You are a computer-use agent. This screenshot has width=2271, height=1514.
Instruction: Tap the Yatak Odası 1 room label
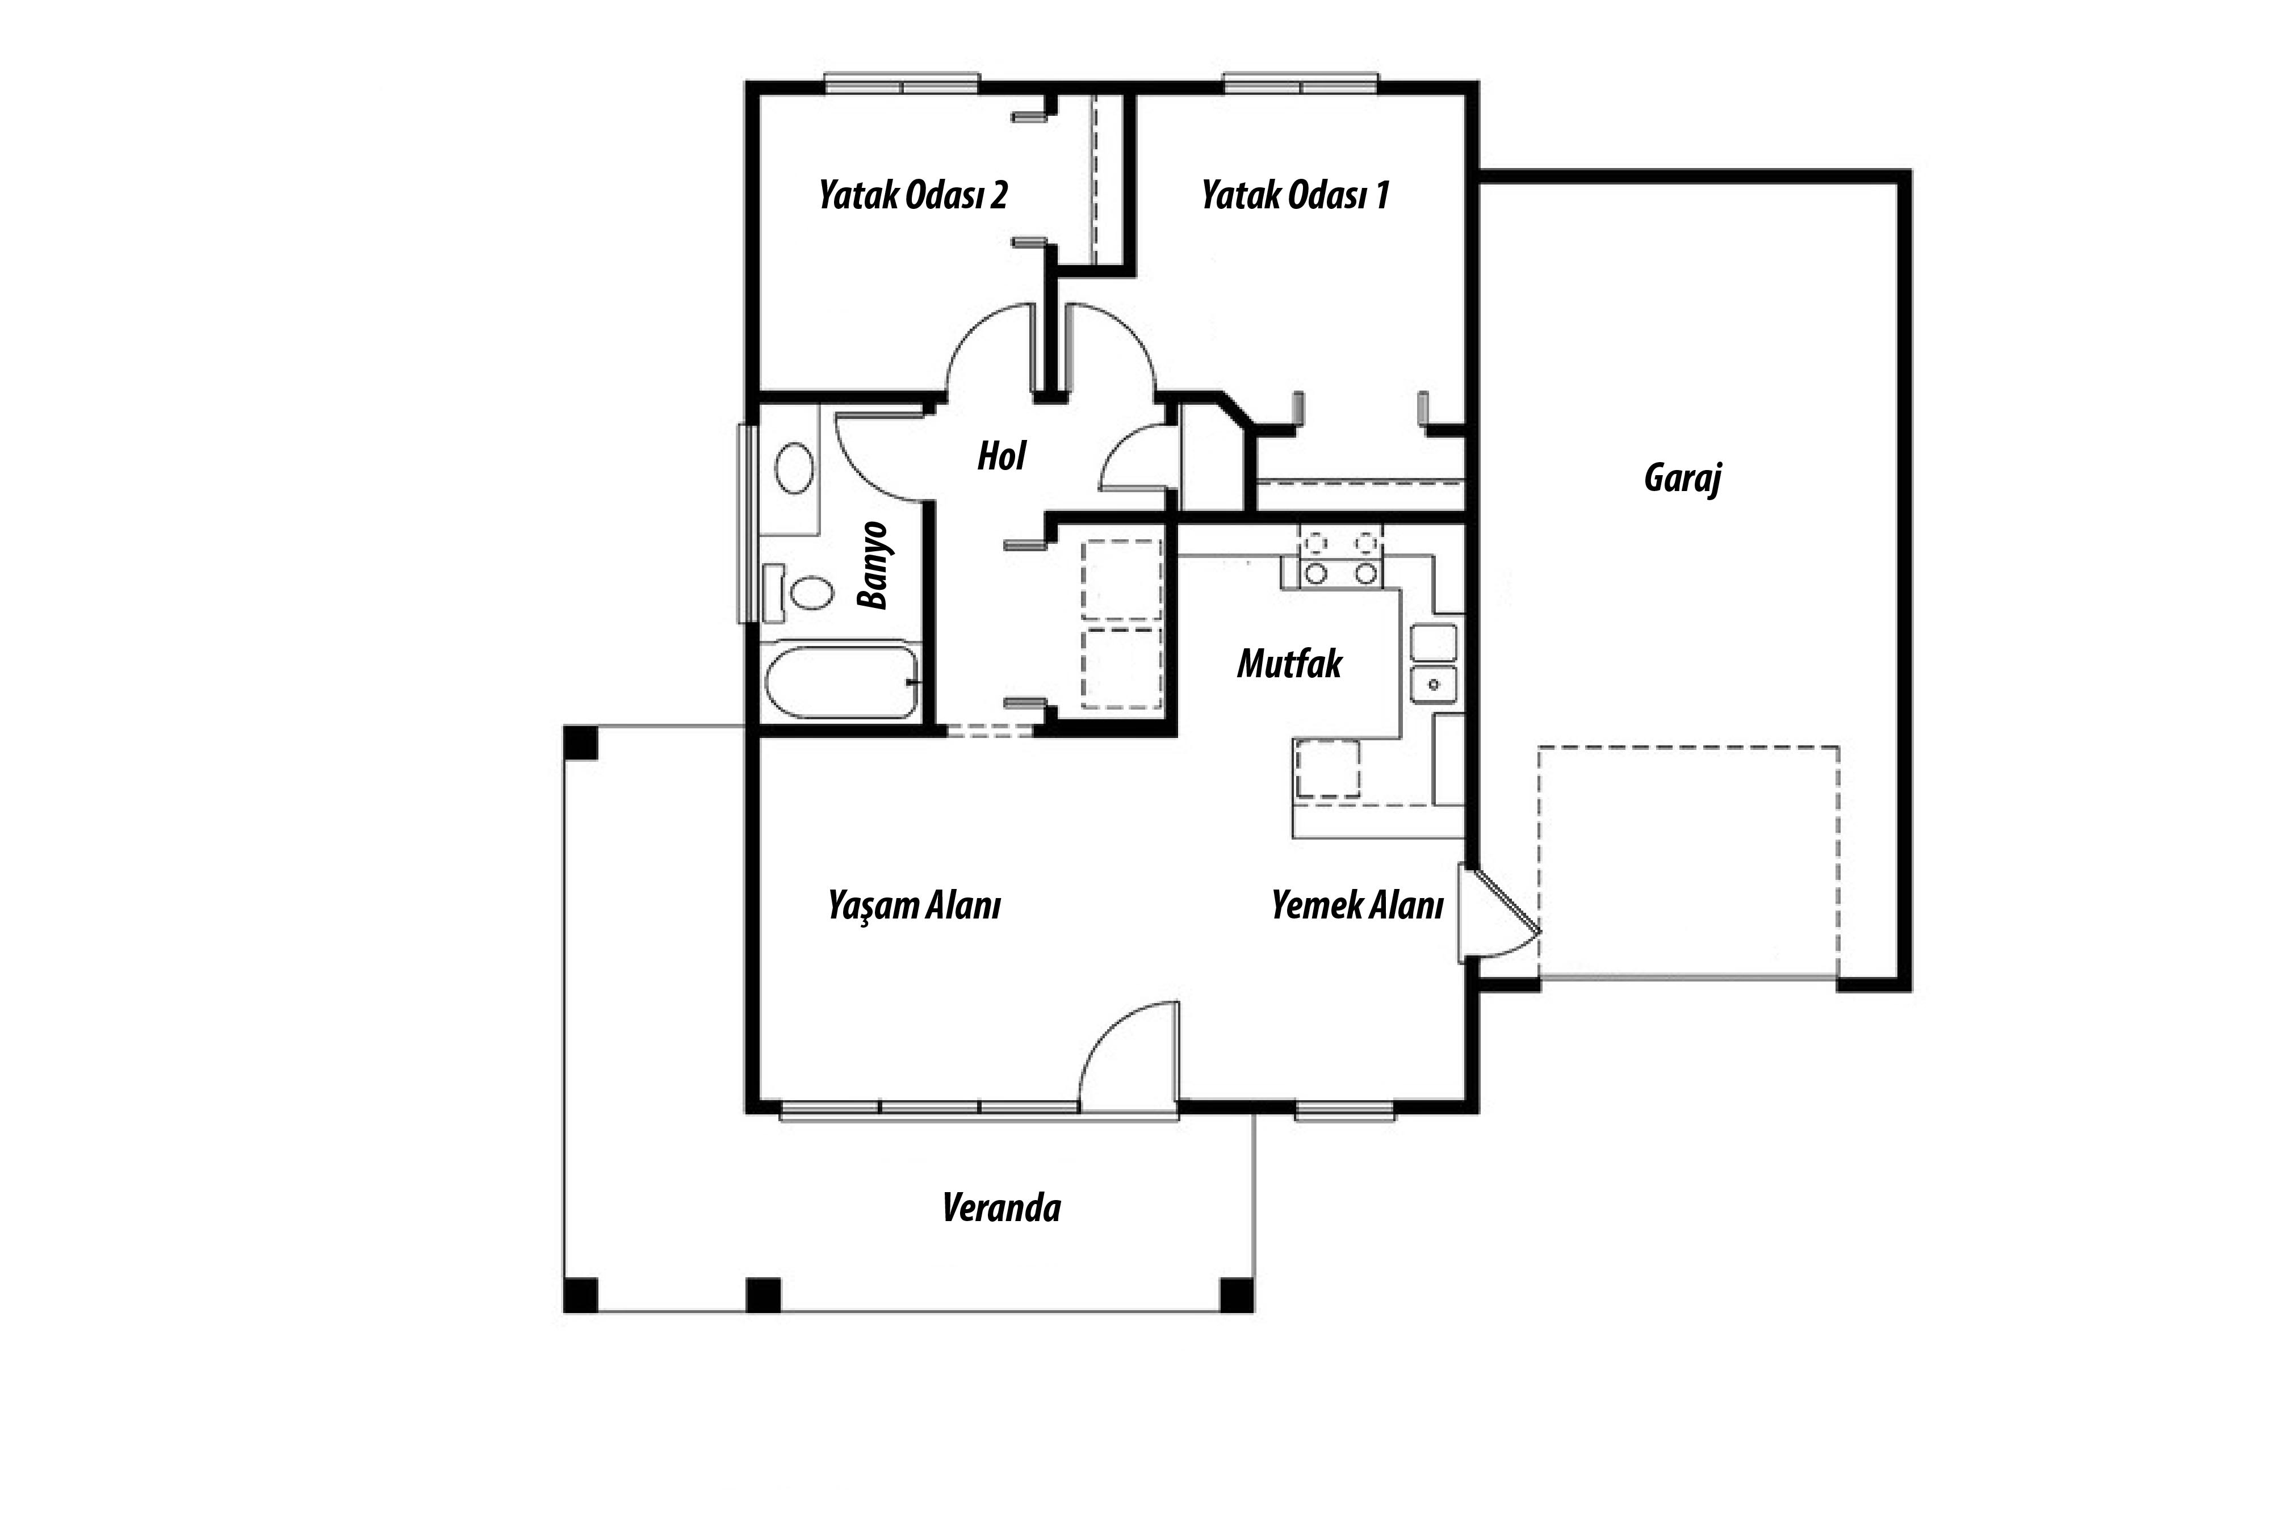point(1296,196)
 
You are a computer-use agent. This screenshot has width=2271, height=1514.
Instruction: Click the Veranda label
point(1002,1208)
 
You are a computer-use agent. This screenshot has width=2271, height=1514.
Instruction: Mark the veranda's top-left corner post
point(580,743)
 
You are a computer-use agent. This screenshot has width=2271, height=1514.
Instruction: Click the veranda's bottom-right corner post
point(1237,1295)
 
